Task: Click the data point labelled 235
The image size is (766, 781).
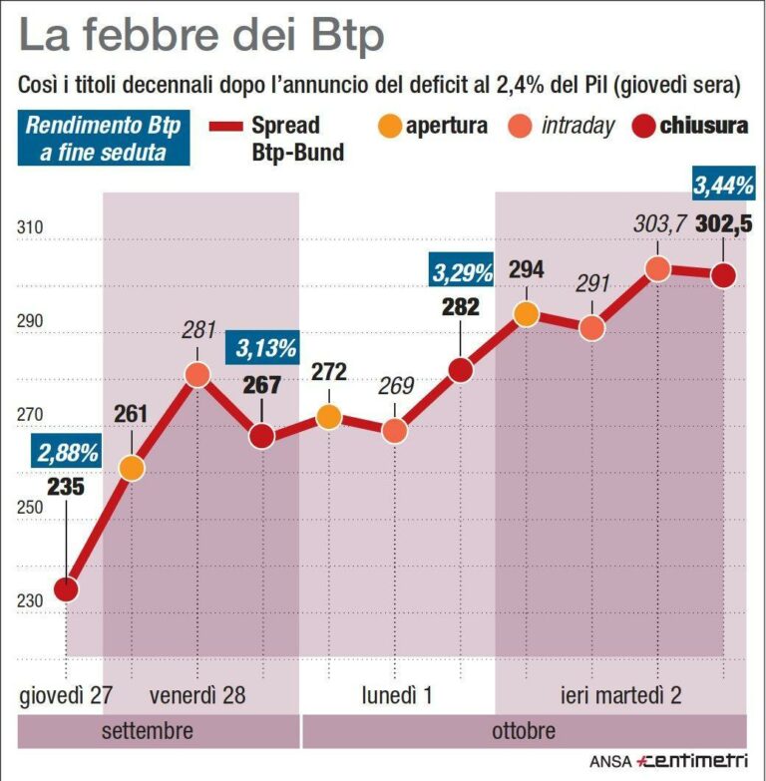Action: (66, 589)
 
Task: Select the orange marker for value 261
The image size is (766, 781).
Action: (132, 467)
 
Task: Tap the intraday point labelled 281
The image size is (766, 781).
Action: (197, 375)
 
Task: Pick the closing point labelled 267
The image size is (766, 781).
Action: (262, 436)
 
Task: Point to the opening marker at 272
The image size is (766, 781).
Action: (328, 416)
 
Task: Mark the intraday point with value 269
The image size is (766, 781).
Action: (394, 431)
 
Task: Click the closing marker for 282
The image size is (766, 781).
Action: (460, 370)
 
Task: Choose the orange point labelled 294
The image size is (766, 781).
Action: (526, 314)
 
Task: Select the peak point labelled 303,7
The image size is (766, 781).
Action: (657, 268)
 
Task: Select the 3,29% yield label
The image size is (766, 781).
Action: (462, 270)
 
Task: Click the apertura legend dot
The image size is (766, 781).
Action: (389, 126)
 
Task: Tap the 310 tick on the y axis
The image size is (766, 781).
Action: (31, 228)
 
